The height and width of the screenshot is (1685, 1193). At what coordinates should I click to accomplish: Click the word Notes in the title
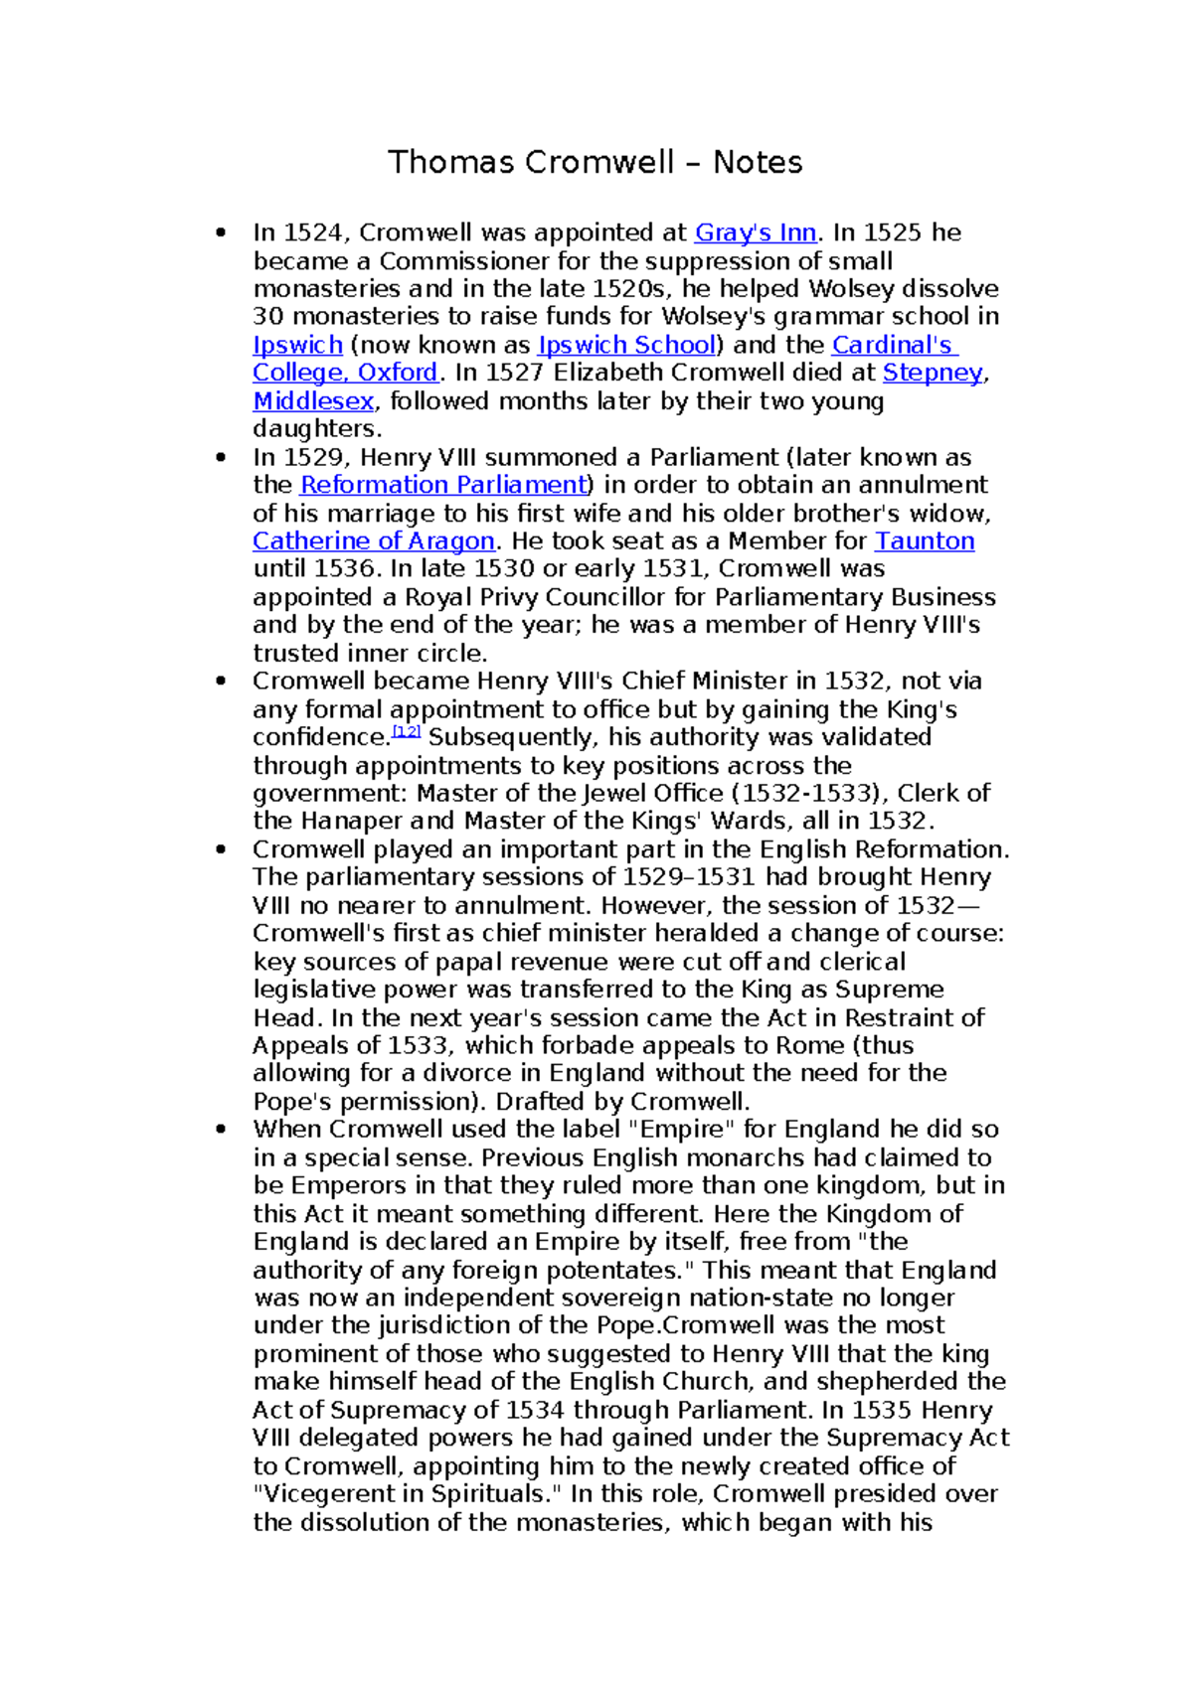click(758, 162)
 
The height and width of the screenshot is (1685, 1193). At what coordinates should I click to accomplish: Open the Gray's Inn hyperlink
click(756, 232)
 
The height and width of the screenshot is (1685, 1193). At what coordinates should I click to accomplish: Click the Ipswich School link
click(626, 345)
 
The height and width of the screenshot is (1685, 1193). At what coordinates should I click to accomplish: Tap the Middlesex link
click(313, 401)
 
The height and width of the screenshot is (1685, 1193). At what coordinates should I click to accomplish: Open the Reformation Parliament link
click(443, 485)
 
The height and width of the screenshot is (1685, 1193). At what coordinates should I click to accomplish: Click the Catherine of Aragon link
click(373, 541)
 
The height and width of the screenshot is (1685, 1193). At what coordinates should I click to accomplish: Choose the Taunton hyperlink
click(924, 541)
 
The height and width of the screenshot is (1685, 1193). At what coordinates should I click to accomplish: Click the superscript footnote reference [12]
click(408, 732)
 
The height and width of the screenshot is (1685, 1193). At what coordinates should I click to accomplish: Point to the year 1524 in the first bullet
click(312, 232)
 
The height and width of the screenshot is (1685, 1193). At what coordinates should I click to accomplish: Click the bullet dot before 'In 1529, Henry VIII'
click(221, 458)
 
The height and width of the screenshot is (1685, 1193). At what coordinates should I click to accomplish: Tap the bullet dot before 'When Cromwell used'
click(221, 1130)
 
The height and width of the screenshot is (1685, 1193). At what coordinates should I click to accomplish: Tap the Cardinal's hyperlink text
click(893, 345)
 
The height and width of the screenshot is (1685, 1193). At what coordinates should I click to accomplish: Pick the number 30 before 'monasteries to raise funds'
click(267, 317)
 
